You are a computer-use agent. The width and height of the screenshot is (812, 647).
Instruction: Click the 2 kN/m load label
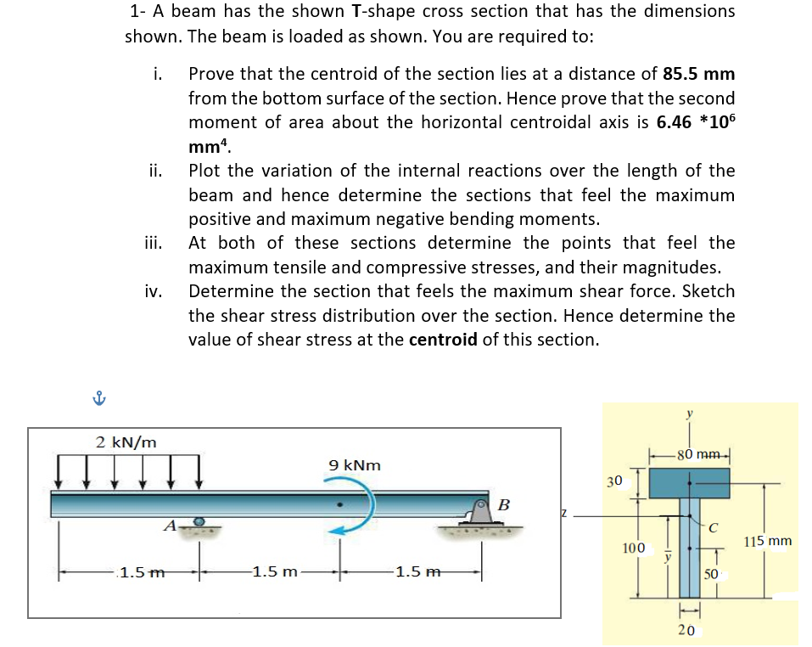pos(126,442)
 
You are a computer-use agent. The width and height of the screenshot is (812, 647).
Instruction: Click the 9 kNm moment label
pos(354,465)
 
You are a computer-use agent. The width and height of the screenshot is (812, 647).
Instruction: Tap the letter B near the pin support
pos(503,505)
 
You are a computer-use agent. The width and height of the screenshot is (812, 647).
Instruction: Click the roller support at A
pos(199,521)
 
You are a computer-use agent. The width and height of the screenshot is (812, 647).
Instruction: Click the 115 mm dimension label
pos(767,541)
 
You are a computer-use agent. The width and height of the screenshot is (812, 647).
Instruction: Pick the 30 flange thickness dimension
pos(615,481)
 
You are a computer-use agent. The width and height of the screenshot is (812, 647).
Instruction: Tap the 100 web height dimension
pos(633,548)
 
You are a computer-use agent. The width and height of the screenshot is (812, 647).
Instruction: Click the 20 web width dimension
pos(688,629)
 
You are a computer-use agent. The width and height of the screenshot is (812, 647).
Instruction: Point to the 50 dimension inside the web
pos(710,574)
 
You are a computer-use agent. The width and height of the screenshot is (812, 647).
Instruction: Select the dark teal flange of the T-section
pos(689,483)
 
